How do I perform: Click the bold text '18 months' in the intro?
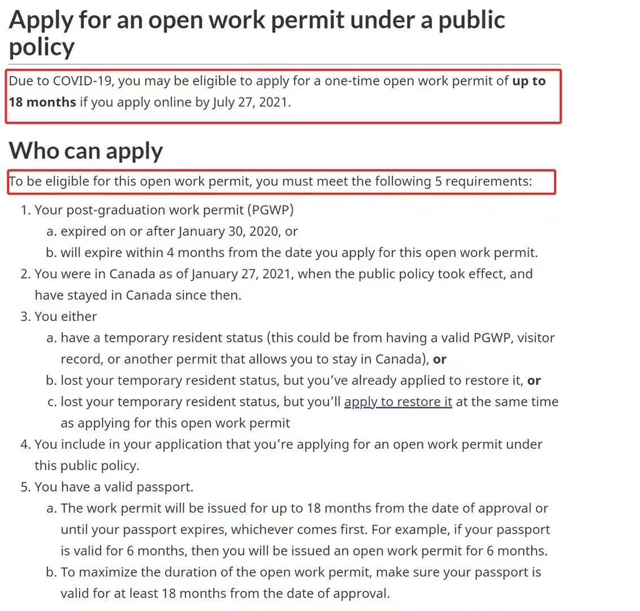click(x=42, y=102)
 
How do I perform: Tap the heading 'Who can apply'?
click(x=86, y=150)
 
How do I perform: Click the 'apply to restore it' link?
click(x=398, y=402)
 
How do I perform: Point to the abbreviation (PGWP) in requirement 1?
click(x=270, y=210)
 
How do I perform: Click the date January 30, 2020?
click(x=230, y=231)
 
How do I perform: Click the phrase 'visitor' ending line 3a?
click(x=535, y=338)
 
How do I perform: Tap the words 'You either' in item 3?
click(x=66, y=316)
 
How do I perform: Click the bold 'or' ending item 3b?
click(x=534, y=381)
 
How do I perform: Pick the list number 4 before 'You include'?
click(x=25, y=445)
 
